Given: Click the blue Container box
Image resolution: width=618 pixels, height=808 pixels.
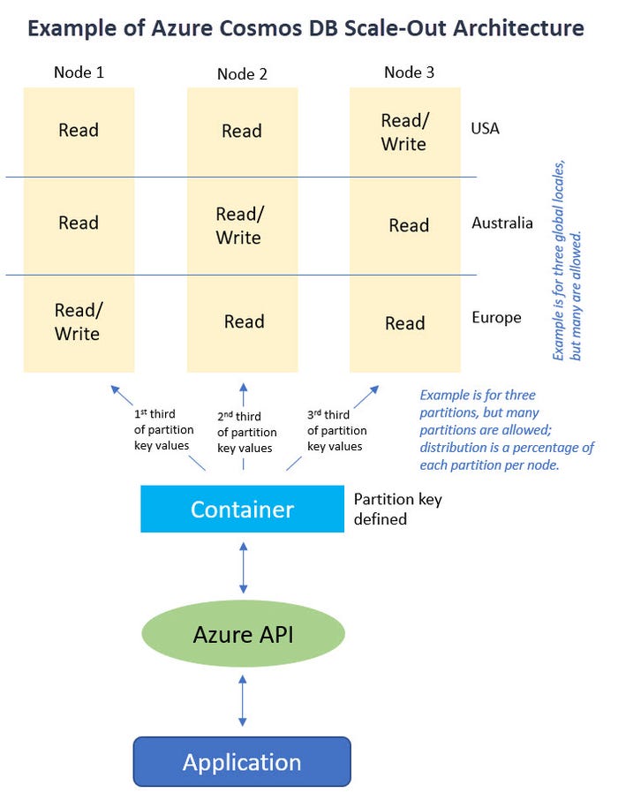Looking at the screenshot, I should click(x=242, y=510).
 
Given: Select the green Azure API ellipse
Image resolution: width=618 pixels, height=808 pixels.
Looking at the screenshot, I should click(x=243, y=633).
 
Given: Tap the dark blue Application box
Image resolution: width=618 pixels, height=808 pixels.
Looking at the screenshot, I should click(x=242, y=761).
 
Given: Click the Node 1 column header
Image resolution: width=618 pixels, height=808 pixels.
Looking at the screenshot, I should click(x=79, y=72).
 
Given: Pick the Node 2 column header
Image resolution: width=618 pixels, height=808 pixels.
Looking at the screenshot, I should click(x=242, y=74).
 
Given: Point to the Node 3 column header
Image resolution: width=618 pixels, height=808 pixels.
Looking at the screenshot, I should click(x=409, y=72).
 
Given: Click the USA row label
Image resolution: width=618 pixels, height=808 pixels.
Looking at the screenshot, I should click(x=485, y=129).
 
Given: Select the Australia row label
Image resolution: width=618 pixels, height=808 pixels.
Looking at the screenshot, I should click(x=501, y=223).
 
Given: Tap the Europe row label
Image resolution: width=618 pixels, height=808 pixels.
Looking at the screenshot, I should click(x=496, y=318).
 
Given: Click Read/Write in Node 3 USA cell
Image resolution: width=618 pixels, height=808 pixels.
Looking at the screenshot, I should click(x=403, y=132).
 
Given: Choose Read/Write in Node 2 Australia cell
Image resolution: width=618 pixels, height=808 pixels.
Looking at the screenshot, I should click(x=238, y=226).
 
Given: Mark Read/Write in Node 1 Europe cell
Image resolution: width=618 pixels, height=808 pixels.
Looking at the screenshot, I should click(x=77, y=322).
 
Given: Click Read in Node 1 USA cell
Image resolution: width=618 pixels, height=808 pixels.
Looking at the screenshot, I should click(x=79, y=131).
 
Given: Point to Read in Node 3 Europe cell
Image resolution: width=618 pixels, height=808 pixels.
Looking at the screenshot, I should click(x=405, y=324).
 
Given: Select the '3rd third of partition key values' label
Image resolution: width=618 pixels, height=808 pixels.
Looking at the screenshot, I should click(x=335, y=430).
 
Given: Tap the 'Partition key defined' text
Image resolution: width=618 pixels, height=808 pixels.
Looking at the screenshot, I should click(x=397, y=510).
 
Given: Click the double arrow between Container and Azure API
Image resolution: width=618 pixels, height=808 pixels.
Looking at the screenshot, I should click(x=243, y=568).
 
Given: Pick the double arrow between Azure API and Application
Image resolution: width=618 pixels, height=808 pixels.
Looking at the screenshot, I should click(x=243, y=701).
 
